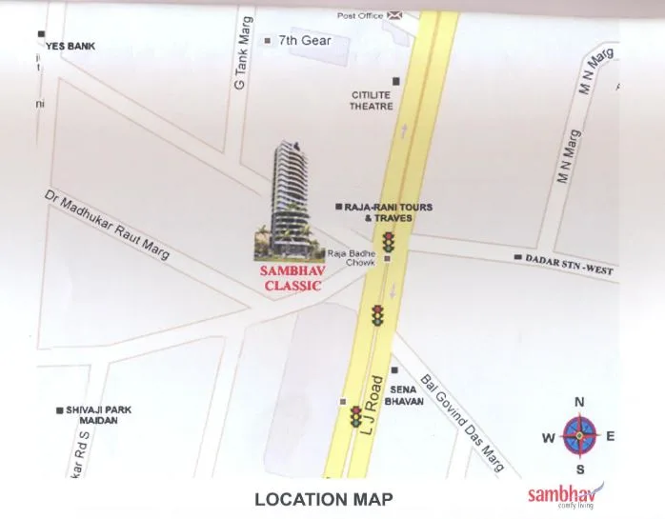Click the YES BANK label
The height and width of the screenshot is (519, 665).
pyautogui.click(x=70, y=46)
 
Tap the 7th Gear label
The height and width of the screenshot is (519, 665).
pyautogui.click(x=304, y=41)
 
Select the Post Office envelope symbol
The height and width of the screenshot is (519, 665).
pyautogui.click(x=394, y=15)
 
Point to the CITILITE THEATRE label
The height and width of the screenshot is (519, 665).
pyautogui.click(x=372, y=101)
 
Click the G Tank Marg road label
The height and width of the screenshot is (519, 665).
pyautogui.click(x=242, y=53)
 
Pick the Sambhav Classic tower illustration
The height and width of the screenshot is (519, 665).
pyautogui.click(x=291, y=200)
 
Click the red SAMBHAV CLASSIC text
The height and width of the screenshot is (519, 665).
pyautogui.click(x=291, y=277)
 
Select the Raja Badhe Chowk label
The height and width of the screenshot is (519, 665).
pyautogui.click(x=353, y=259)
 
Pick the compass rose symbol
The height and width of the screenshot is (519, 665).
pyautogui.click(x=579, y=436)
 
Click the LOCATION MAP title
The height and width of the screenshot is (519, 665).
pyautogui.click(x=323, y=499)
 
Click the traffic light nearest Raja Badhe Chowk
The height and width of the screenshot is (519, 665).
pyautogui.click(x=388, y=242)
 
